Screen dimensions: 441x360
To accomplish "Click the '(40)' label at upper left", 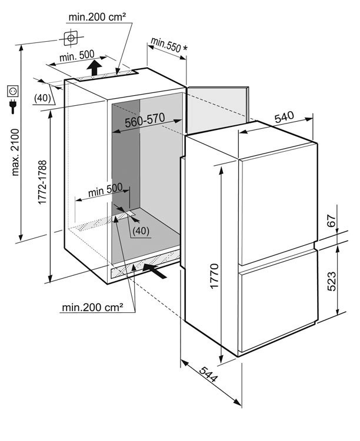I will coord(42,98).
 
